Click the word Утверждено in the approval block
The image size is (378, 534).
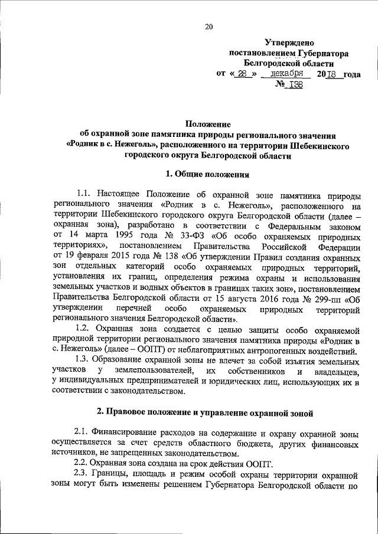click(x=288, y=43)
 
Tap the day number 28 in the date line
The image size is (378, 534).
click(x=243, y=74)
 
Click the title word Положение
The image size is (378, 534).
click(x=208, y=124)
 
